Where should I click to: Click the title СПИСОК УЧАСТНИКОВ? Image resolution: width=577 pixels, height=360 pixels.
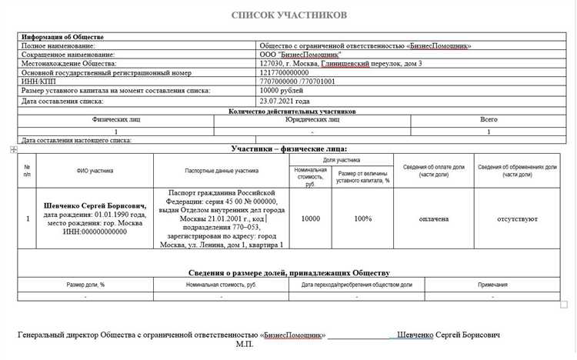[288, 15]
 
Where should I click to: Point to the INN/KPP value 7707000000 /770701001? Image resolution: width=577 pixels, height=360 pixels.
[297, 82]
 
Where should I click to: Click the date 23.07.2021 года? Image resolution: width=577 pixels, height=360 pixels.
[285, 101]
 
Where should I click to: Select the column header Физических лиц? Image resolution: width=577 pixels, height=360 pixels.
[115, 119]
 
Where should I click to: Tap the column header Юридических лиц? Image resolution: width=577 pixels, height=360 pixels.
[312, 119]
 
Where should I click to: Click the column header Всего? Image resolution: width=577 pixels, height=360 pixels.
[488, 119]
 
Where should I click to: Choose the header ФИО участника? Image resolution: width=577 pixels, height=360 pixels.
[95, 170]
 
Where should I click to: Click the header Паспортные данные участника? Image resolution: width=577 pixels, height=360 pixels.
[221, 170]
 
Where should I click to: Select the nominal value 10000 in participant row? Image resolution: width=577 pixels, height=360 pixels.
[310, 218]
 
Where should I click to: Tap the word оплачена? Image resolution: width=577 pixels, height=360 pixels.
[433, 218]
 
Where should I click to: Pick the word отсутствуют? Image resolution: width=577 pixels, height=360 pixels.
[517, 218]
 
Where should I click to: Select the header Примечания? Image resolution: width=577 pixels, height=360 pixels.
[492, 285]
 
